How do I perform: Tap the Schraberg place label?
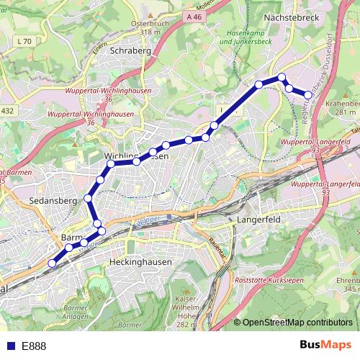130,51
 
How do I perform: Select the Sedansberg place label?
50,202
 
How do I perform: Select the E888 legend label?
34,346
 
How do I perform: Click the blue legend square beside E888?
9,346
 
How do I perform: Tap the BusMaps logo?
325,346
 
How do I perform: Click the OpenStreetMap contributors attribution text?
297,323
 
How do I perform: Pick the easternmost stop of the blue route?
308,95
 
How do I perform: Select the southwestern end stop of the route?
52,264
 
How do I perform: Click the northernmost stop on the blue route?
282,77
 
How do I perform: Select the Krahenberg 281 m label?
343,108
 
